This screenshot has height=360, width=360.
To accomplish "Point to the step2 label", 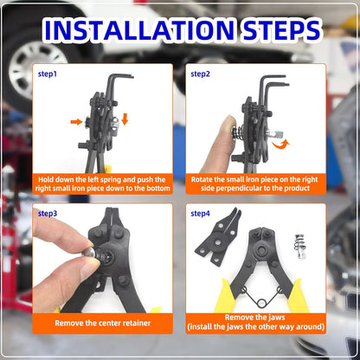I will click(x=201, y=74).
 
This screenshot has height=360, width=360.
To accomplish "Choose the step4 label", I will click(x=201, y=213).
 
